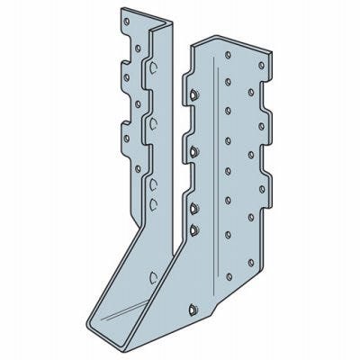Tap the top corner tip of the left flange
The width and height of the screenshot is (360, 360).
[120, 10]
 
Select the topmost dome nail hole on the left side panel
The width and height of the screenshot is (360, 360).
[155, 67]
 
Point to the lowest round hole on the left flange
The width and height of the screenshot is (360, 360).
[136, 167]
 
